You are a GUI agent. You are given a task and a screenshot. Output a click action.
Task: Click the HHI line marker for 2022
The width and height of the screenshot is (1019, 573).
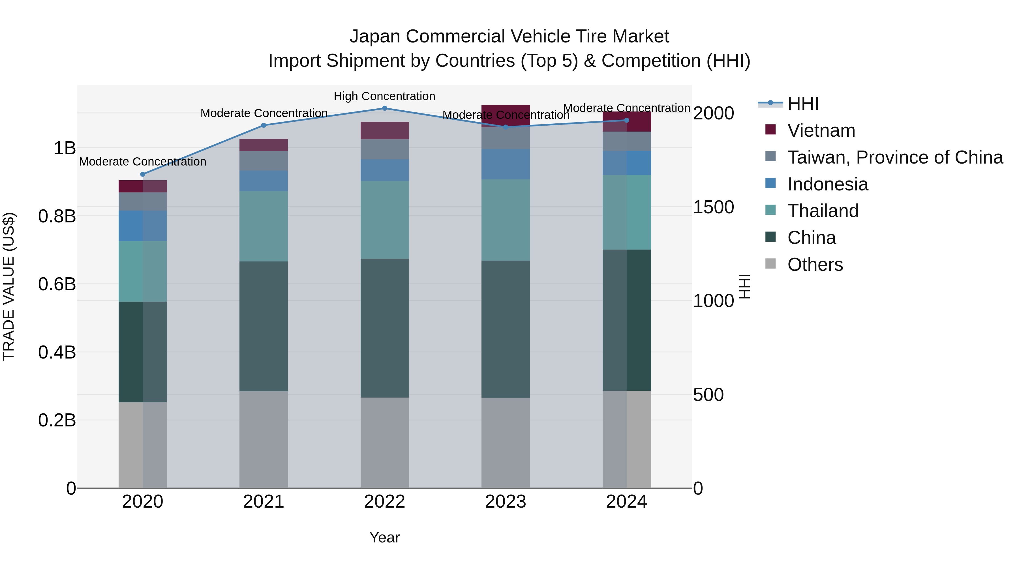click(x=384, y=108)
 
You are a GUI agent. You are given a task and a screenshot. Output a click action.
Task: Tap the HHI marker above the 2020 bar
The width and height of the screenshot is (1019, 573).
click(x=143, y=174)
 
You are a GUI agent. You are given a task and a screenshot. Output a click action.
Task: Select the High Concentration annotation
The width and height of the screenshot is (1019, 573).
click(x=384, y=96)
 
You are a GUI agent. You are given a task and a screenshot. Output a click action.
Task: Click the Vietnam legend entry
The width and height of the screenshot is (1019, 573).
click(x=821, y=130)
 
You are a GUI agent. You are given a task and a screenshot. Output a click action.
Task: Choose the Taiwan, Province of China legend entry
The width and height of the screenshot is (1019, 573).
click(x=895, y=157)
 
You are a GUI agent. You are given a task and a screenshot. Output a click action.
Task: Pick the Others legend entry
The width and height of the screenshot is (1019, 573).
click(x=815, y=265)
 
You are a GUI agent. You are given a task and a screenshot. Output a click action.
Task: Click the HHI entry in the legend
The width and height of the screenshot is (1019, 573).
click(x=803, y=104)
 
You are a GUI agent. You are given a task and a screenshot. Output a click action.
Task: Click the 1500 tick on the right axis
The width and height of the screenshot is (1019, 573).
click(x=713, y=207)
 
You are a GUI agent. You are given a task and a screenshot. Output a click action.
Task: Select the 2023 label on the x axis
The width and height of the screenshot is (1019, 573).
click(x=505, y=502)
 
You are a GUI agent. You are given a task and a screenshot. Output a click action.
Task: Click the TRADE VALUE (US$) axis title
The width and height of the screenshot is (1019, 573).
click(x=9, y=287)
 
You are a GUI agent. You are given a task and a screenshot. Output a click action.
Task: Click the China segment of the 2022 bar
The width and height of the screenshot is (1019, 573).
click(x=384, y=328)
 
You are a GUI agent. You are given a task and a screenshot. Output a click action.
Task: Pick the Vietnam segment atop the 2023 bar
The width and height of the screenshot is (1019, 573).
click(x=505, y=115)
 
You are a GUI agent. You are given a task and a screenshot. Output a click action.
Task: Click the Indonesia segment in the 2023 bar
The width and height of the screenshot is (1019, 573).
click(x=505, y=164)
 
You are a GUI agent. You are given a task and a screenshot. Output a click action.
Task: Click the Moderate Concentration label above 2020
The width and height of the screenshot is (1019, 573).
click(x=143, y=162)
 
